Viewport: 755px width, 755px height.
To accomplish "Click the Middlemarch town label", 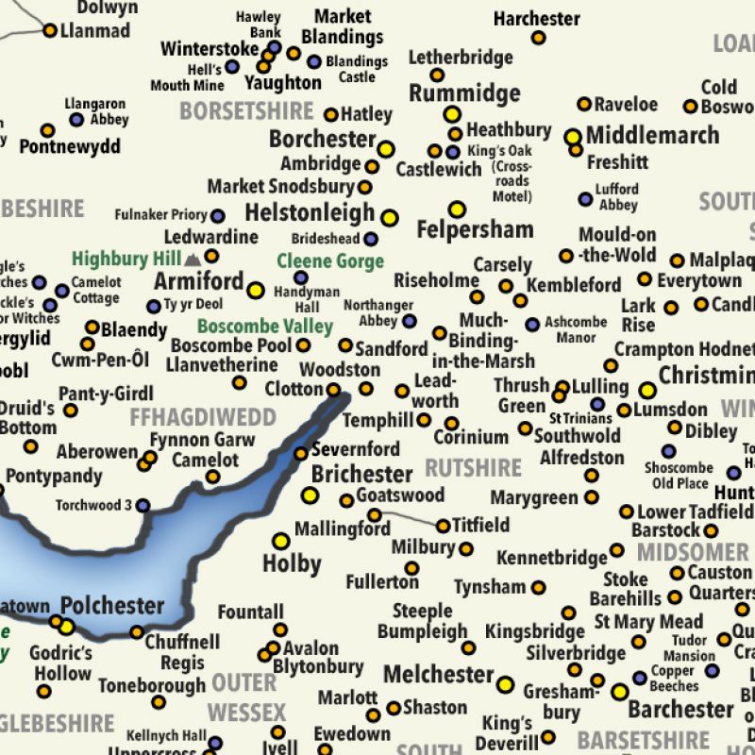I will point(652,135).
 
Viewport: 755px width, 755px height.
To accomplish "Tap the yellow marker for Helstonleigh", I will point(389,218).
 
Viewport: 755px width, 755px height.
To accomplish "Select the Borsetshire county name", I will point(246,110).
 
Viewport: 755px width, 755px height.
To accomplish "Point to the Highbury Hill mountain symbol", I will point(193,258).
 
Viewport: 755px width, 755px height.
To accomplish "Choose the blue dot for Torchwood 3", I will point(143,506).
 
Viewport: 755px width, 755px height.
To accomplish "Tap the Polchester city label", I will point(112,605).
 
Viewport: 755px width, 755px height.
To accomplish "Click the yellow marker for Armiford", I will point(255,290).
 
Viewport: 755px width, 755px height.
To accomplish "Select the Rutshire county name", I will point(473,468).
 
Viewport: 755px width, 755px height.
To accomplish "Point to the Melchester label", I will point(438,675).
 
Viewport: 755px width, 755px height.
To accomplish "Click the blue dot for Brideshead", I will point(371,239).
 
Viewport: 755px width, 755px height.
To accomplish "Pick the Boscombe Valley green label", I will point(265,327).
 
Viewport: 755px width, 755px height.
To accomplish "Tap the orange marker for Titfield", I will point(443,526).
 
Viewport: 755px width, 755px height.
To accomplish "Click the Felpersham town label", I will point(475,229).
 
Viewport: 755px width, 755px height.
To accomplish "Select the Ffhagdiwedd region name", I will point(202,417).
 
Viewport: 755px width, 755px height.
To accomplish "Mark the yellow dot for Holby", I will point(280,541).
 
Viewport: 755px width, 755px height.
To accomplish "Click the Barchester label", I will point(680,709).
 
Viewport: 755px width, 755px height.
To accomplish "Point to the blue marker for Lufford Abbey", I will point(585,199).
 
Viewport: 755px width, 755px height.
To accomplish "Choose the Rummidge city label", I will point(464,92).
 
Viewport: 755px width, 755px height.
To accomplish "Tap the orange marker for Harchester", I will point(538,38).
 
